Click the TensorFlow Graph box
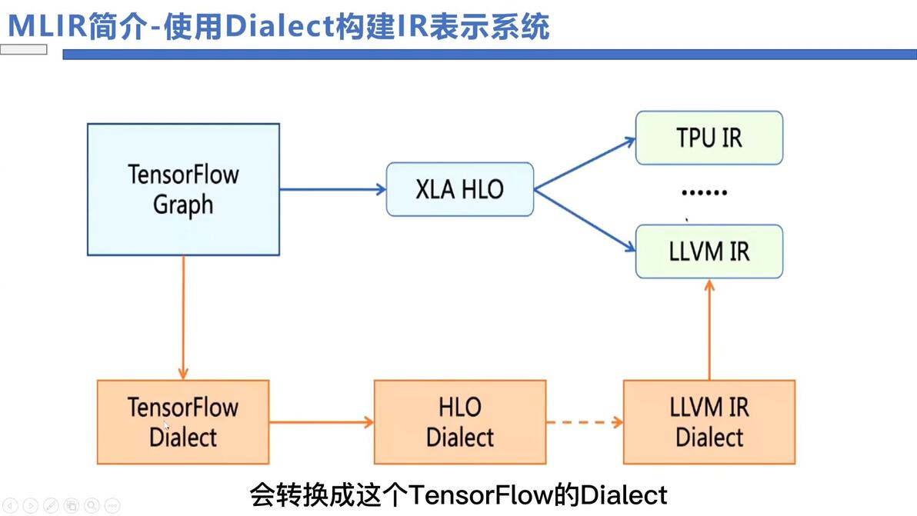[183, 189]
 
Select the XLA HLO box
[459, 189]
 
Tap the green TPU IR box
[709, 138]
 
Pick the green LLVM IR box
[709, 251]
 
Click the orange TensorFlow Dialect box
[183, 422]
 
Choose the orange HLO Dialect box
[459, 422]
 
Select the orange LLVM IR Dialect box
[709, 422]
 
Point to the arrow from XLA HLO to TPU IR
[585, 164]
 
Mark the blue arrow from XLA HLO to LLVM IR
[585, 220]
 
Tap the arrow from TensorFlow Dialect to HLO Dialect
[321, 422]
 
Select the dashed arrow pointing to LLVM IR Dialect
[584, 422]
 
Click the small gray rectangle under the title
[24, 50]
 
